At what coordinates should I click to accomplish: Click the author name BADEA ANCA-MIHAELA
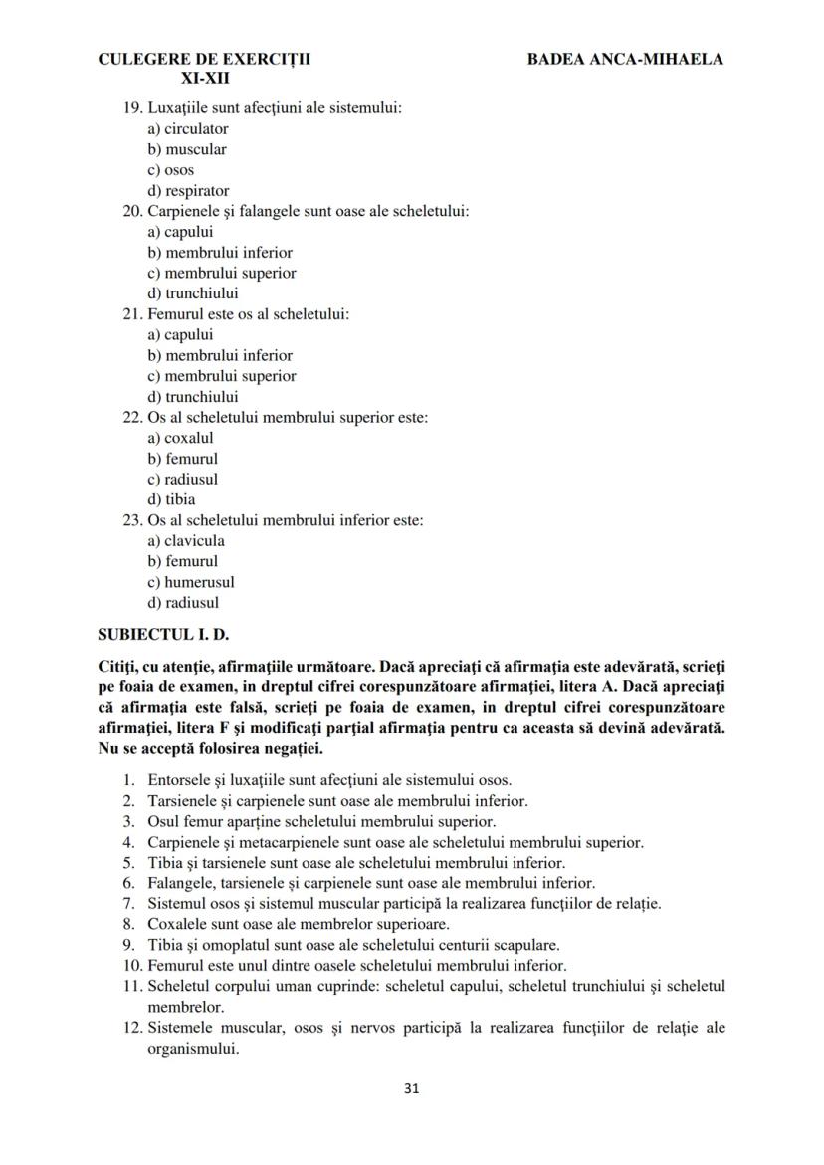(625, 59)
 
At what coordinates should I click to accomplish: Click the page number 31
(412, 1087)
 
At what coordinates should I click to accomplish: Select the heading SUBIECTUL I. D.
(164, 634)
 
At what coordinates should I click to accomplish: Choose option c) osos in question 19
(171, 170)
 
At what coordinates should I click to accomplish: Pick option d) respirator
(188, 191)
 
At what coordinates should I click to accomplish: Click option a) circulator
(188, 129)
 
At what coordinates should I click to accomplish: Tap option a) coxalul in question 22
(180, 438)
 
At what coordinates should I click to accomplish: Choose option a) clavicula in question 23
(186, 541)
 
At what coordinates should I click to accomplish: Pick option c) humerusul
(191, 582)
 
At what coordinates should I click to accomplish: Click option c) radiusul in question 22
(183, 479)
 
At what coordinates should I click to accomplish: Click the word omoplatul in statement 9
(233, 945)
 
